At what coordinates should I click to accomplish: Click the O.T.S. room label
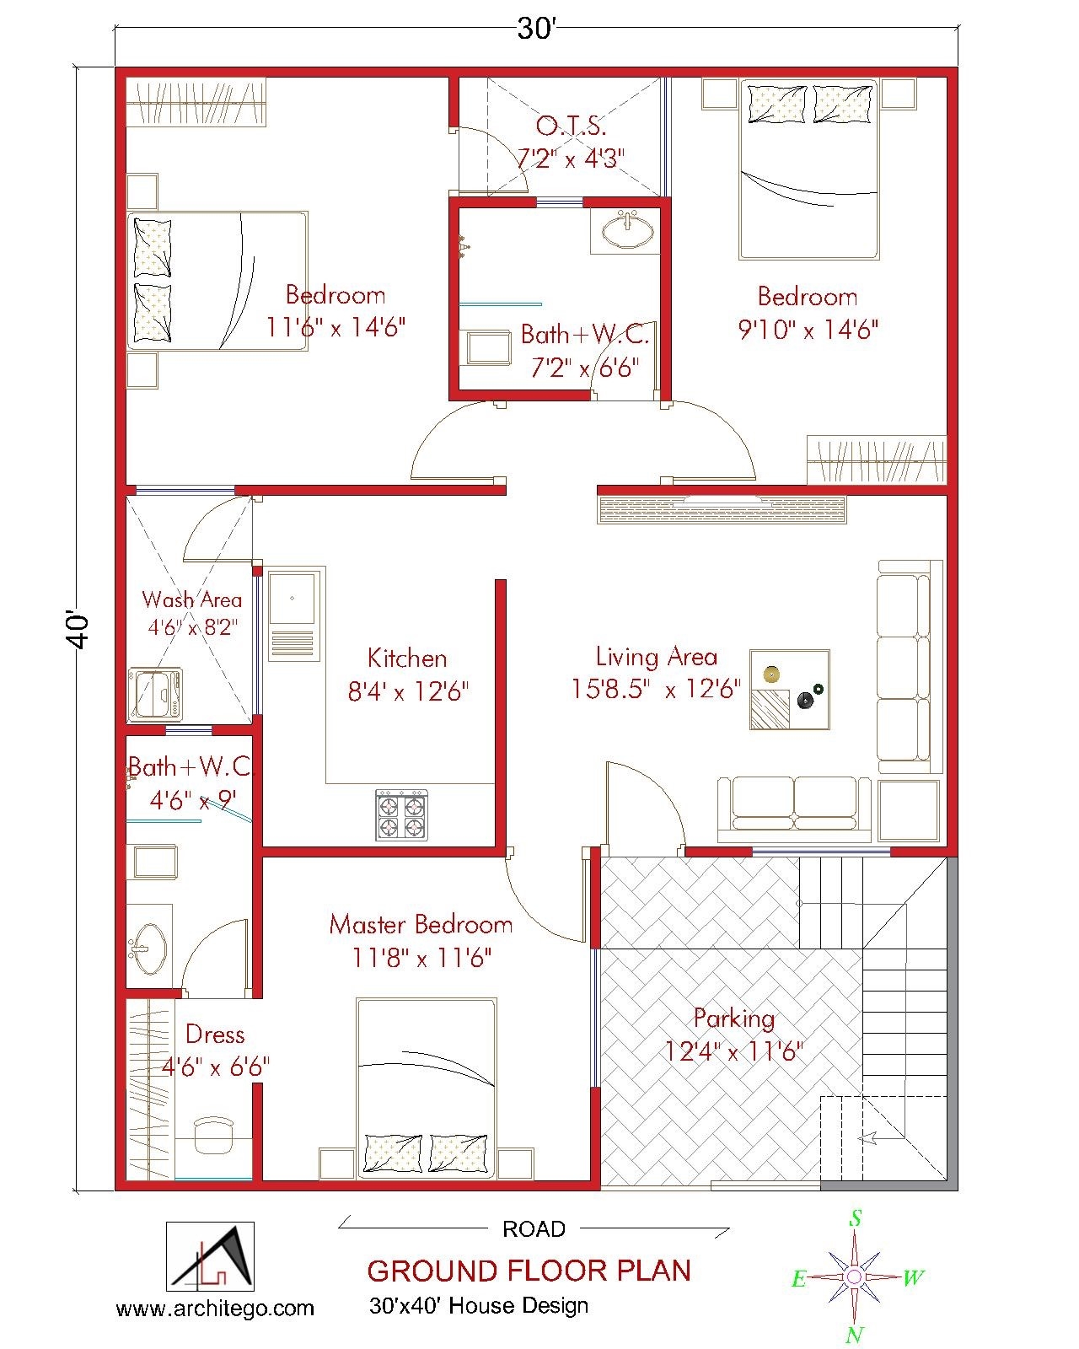(x=571, y=126)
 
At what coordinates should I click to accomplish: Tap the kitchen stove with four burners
(x=401, y=814)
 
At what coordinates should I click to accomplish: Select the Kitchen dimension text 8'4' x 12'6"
(x=408, y=692)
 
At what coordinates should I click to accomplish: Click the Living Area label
(x=656, y=657)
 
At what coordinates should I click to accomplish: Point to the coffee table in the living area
(x=790, y=689)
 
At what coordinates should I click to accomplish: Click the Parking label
(x=734, y=1018)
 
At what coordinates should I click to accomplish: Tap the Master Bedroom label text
(x=421, y=925)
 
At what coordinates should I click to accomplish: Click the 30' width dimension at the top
(x=536, y=30)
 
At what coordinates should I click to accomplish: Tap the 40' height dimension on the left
(x=78, y=630)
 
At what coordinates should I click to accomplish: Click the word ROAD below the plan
(x=534, y=1229)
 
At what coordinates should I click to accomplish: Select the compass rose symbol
(x=854, y=1276)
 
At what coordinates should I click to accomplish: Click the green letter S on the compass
(x=855, y=1218)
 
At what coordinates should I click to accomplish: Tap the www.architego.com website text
(x=215, y=1309)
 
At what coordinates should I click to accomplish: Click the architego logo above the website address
(x=210, y=1256)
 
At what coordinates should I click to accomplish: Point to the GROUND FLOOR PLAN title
(x=529, y=1271)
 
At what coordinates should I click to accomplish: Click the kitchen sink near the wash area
(x=292, y=599)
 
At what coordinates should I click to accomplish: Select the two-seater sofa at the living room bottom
(x=793, y=807)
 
